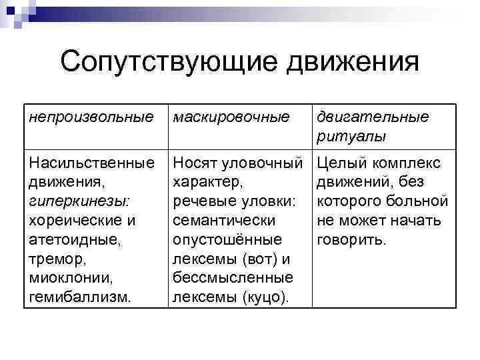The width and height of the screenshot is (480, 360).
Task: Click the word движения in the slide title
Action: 352,63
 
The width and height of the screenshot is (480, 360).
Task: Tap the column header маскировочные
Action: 231,118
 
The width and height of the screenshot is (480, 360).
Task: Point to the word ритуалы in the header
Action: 350,136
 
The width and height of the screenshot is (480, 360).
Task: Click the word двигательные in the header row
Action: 373,118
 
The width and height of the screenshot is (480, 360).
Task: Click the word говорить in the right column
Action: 351,239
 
